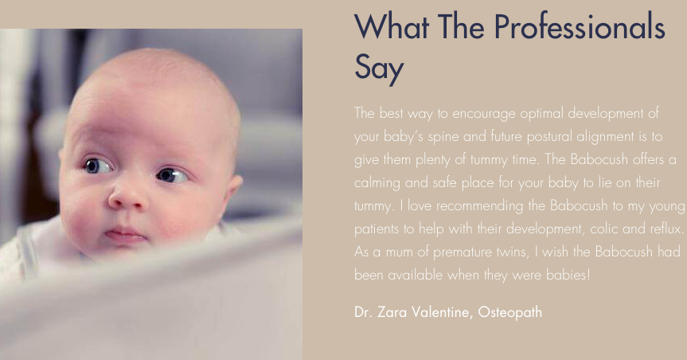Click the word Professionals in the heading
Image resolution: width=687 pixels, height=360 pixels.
point(580,27)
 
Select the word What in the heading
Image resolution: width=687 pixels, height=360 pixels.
point(392,27)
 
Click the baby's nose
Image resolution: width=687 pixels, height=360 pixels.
point(127,196)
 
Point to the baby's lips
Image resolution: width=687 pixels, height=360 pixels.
point(125,235)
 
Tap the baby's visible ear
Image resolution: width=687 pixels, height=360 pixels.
point(232,190)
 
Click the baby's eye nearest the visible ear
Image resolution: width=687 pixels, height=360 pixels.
point(172,175)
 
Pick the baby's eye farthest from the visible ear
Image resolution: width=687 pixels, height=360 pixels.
point(98,166)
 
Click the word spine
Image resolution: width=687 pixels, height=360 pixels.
point(443,137)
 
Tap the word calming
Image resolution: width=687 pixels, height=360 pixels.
point(377,183)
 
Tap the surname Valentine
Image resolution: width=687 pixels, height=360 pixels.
point(442,312)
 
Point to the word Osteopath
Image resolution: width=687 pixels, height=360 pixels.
point(510,313)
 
